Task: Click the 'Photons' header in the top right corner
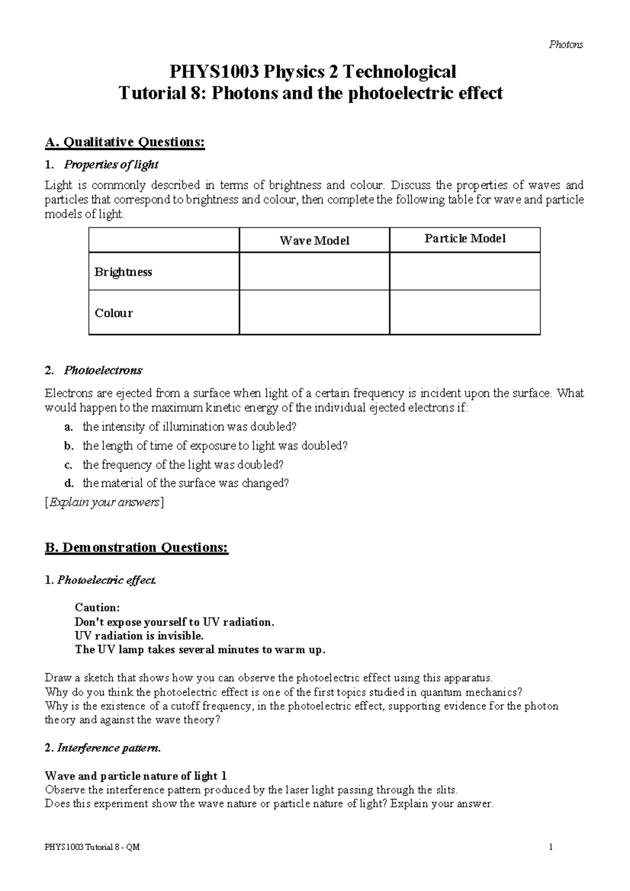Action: (565, 45)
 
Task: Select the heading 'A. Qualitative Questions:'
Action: (125, 142)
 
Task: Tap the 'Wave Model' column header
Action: (314, 240)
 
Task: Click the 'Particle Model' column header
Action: (465, 239)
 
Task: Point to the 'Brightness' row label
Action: (123, 272)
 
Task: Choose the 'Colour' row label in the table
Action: (113, 313)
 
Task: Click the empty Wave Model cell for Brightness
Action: (314, 271)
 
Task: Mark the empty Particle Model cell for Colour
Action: (465, 313)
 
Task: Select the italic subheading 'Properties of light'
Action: (111, 165)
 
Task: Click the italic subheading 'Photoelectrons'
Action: (103, 370)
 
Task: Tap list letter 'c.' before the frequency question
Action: (68, 465)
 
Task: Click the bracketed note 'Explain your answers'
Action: (104, 503)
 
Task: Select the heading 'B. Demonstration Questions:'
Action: (136, 548)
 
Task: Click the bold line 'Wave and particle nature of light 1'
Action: (136, 776)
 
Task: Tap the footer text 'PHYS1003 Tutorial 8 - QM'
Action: (92, 847)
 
